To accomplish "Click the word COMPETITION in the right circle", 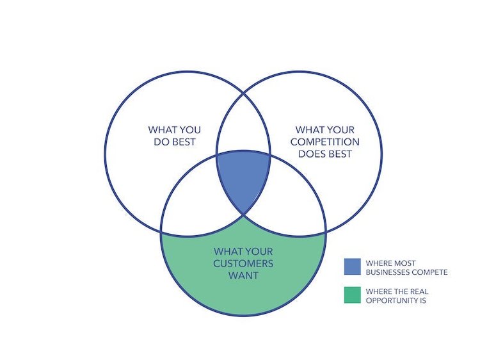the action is [x=324, y=142].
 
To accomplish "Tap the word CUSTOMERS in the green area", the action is [x=243, y=263].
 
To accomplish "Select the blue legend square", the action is [x=353, y=266].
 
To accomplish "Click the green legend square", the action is [x=353, y=295].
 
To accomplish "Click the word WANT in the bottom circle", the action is [x=243, y=275].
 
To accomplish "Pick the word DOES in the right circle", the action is [x=312, y=154].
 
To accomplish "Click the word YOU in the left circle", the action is [x=190, y=130].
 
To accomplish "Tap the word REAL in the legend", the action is [x=419, y=291].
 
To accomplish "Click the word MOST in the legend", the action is [x=406, y=263].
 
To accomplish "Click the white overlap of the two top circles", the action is [x=243, y=122].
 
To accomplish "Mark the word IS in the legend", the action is [x=422, y=300].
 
